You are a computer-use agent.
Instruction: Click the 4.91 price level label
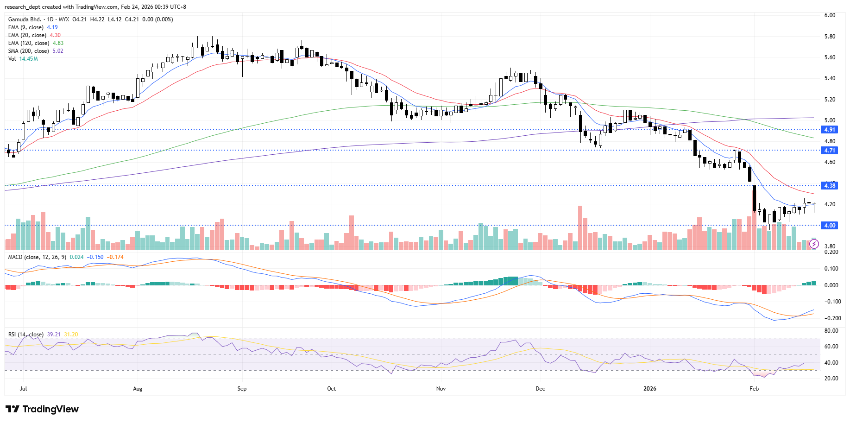pyautogui.click(x=829, y=130)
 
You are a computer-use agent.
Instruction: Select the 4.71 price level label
pyautogui.click(x=829, y=151)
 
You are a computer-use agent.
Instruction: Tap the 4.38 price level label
pyautogui.click(x=829, y=186)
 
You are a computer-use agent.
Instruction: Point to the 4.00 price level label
pyautogui.click(x=829, y=226)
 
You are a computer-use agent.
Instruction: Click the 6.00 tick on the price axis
pyautogui.click(x=830, y=15)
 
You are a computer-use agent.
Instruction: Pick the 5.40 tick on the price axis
pyautogui.click(x=830, y=78)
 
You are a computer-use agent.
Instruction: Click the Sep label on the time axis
pyautogui.click(x=242, y=389)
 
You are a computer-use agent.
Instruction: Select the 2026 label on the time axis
pyautogui.click(x=650, y=389)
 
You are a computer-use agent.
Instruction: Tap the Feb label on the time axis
pyautogui.click(x=754, y=389)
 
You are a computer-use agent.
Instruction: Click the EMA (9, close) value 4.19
pyautogui.click(x=52, y=27)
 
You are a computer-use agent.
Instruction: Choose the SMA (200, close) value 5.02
pyautogui.click(x=57, y=51)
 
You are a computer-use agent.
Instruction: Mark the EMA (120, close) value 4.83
pyautogui.click(x=58, y=43)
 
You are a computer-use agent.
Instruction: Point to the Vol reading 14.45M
pyautogui.click(x=28, y=59)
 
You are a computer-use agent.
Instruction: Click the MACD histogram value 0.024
pyautogui.click(x=77, y=257)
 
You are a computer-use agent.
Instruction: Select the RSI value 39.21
pyautogui.click(x=54, y=335)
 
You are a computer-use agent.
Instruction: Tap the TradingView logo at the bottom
pyautogui.click(x=42, y=409)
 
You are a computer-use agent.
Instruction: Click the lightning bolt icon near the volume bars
pyautogui.click(x=814, y=244)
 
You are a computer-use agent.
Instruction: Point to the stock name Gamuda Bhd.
pyautogui.click(x=25, y=19)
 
